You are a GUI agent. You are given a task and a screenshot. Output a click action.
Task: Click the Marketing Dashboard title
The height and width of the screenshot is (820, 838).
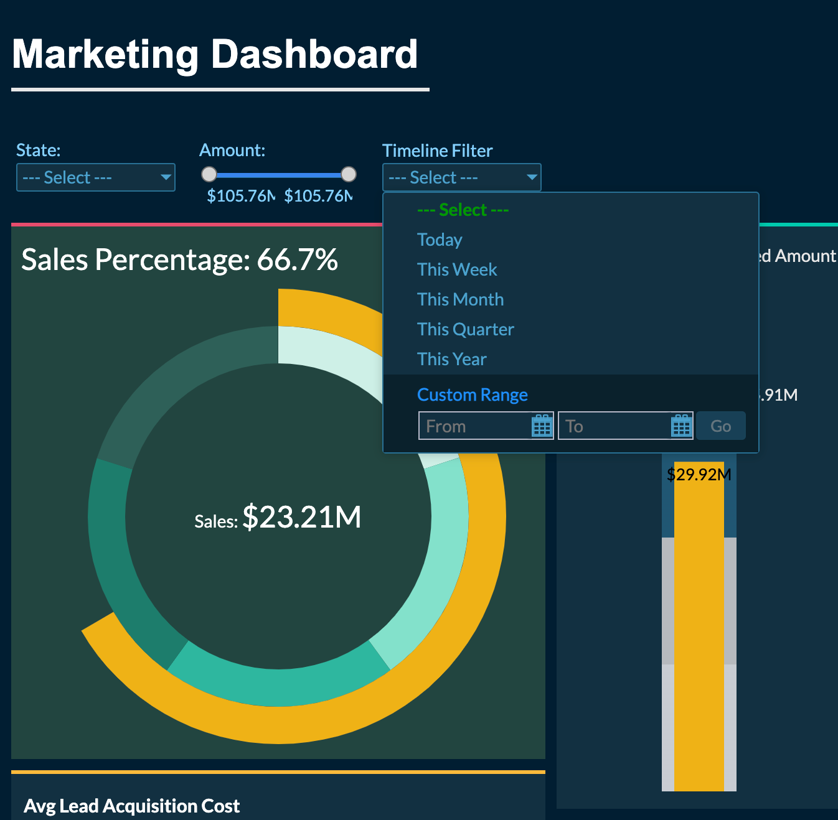click(215, 55)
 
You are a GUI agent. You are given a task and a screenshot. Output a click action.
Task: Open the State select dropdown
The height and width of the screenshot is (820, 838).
click(96, 177)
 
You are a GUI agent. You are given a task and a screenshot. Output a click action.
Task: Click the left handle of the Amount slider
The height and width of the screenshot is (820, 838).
click(209, 174)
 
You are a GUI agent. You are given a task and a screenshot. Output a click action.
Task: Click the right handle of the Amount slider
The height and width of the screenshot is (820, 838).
click(349, 174)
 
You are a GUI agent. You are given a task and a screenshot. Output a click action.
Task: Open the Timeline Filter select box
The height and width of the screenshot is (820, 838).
click(461, 177)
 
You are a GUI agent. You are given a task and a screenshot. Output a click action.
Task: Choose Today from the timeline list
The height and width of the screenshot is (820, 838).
click(440, 240)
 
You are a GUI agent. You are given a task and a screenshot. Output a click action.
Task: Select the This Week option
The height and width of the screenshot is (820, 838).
click(457, 269)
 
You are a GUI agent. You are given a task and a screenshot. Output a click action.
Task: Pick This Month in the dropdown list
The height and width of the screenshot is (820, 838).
click(460, 299)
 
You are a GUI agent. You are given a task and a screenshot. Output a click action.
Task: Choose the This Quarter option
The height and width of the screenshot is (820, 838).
click(465, 329)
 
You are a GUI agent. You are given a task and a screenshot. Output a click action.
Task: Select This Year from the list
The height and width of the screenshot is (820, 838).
click(451, 359)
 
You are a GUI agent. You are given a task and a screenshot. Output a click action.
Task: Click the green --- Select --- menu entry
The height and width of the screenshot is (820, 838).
click(463, 210)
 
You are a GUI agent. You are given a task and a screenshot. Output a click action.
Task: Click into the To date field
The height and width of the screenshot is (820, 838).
click(614, 426)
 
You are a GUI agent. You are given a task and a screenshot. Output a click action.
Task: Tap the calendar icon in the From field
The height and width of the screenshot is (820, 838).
click(542, 426)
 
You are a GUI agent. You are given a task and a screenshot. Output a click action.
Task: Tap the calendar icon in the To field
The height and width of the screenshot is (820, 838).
click(681, 426)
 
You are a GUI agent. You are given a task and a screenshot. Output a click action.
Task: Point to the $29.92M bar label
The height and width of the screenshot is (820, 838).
click(699, 475)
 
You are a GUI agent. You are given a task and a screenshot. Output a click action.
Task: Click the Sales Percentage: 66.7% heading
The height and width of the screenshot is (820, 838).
click(179, 259)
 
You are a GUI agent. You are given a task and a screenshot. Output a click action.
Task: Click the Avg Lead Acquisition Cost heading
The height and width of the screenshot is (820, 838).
click(131, 806)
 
